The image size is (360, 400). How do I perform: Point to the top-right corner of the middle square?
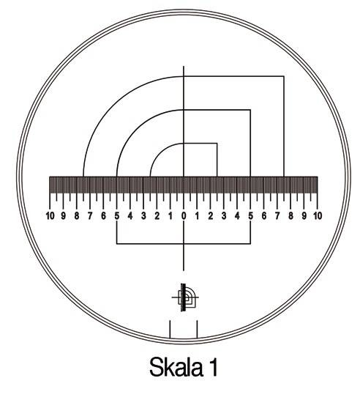tap(250, 110)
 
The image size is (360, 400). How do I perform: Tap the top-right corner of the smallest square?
tap(217, 144)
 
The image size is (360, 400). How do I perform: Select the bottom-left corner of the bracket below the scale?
tap(117, 244)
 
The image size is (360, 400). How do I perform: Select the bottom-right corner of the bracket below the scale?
tap(250, 244)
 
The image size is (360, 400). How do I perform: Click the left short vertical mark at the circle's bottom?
tap(170, 329)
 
